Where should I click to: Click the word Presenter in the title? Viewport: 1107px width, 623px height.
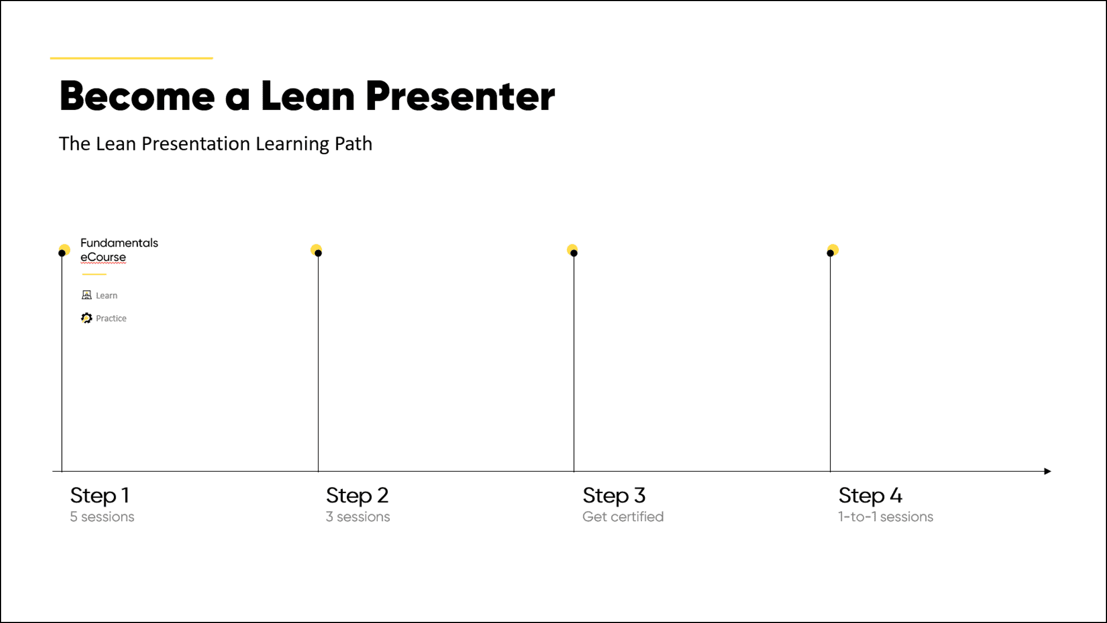(460, 96)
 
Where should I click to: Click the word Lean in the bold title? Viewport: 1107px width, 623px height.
(307, 96)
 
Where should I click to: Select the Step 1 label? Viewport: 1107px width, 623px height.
(100, 495)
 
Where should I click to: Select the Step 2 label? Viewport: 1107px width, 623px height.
(357, 495)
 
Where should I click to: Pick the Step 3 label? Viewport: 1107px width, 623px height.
(614, 495)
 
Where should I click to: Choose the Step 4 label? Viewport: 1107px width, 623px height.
(870, 495)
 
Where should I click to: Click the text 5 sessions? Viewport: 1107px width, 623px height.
(102, 517)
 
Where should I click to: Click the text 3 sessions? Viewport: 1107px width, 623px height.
(358, 517)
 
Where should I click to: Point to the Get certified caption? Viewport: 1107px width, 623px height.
(623, 517)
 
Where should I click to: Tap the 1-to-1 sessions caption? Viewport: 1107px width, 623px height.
(886, 517)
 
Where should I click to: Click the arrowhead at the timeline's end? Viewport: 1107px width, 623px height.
(1047, 471)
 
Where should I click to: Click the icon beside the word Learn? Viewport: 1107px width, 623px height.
(87, 295)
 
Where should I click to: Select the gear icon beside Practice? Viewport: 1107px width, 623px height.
(86, 318)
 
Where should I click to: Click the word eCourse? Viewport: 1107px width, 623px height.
(103, 257)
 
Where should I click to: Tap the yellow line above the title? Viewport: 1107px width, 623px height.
(132, 57)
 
